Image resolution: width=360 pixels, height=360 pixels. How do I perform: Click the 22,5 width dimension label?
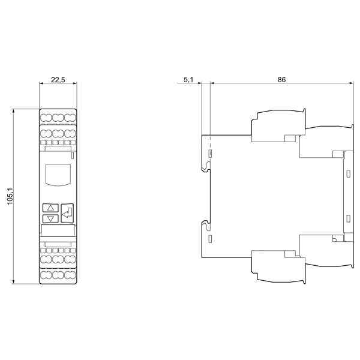point(58,80)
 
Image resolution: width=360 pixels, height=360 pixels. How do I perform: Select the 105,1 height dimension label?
point(10,196)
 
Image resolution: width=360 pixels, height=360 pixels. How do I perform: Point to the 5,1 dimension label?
point(188,80)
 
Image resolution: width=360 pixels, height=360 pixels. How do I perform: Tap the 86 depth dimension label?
point(281,79)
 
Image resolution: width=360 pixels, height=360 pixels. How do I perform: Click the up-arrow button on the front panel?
point(50,208)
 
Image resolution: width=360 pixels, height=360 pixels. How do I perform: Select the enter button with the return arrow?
point(67,213)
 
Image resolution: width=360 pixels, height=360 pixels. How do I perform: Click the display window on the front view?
point(58,175)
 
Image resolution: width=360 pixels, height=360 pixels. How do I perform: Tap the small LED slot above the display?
point(73,155)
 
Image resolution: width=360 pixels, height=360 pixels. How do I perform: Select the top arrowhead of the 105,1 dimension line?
point(14,111)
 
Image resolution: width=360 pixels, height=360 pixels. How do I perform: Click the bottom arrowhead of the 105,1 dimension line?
point(14,282)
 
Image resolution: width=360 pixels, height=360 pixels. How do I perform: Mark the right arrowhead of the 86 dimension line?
point(350,83)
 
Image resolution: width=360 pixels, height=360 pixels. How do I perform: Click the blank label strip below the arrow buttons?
point(58,230)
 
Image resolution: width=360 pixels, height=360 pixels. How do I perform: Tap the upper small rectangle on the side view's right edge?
point(348,174)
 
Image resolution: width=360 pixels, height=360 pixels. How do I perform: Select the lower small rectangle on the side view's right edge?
point(348,218)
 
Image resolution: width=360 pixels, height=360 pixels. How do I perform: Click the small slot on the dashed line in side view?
point(210,154)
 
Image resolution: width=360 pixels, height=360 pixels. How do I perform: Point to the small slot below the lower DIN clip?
point(210,239)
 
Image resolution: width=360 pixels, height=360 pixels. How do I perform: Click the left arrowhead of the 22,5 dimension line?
point(41,83)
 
